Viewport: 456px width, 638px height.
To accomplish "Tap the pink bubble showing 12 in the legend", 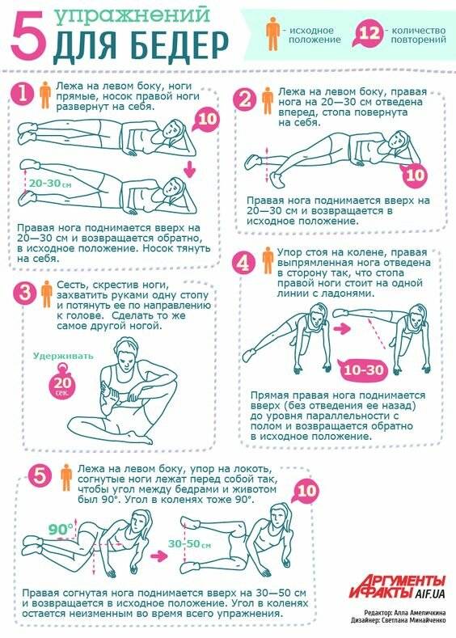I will click(x=368, y=33).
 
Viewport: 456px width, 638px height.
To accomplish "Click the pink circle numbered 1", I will click(x=27, y=94).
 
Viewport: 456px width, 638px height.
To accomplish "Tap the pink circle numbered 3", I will click(x=27, y=293).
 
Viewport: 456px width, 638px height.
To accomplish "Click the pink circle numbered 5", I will click(x=39, y=475).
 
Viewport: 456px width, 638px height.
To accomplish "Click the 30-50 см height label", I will click(x=206, y=543).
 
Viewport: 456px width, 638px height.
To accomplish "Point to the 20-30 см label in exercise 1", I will click(x=49, y=184).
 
